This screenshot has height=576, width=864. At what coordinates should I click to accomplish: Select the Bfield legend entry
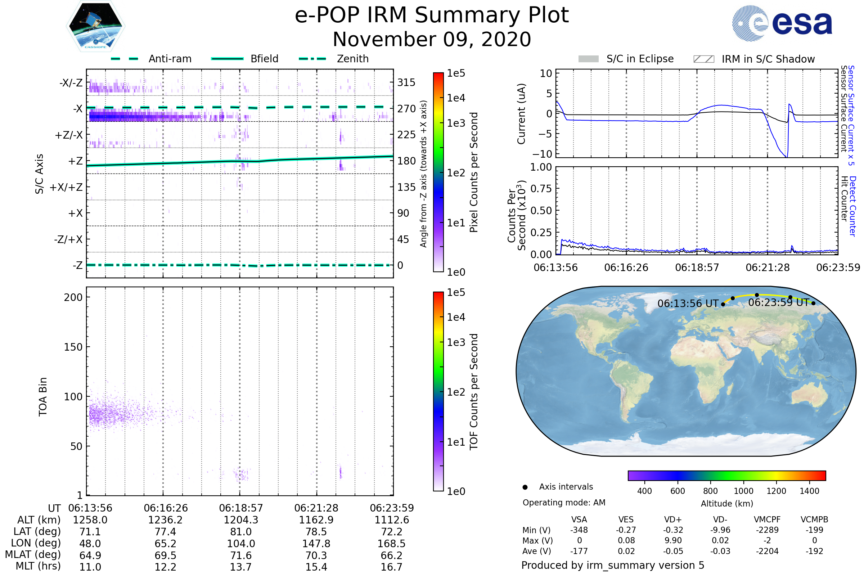point(264,59)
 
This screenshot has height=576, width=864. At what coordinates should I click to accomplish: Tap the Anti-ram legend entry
point(170,59)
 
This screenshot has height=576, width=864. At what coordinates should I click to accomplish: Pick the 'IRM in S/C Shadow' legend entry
point(768,59)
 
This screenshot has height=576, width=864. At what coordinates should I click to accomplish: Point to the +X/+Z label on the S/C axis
point(66,187)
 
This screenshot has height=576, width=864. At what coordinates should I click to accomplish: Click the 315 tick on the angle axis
point(406,82)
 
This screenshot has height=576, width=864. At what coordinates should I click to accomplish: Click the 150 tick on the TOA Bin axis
point(73,347)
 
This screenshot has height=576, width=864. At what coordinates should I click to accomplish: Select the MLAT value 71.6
point(240,555)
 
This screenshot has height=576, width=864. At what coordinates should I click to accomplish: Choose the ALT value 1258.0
point(90,520)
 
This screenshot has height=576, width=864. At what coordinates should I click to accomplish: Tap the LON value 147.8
point(316,544)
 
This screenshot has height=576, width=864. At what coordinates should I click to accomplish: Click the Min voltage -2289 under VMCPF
point(767,530)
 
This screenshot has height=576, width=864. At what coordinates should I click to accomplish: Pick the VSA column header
point(579,520)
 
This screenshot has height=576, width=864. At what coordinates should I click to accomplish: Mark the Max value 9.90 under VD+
point(673,541)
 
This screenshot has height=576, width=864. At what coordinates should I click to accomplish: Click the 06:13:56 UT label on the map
point(688,304)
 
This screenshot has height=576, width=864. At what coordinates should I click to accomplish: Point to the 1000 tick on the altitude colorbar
point(743,491)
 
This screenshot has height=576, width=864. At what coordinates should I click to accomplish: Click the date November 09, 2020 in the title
point(432,40)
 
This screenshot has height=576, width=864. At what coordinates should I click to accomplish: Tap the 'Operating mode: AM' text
point(564,503)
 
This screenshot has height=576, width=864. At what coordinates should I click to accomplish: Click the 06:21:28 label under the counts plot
point(768,268)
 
